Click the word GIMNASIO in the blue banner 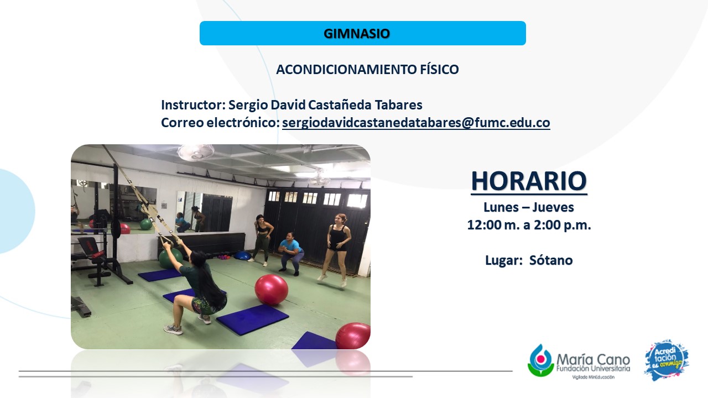point(357,34)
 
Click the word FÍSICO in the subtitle point(439,69)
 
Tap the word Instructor point(193,105)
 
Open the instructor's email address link point(416,123)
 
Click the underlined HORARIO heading point(529,181)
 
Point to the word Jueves point(553,207)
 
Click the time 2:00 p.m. point(563,225)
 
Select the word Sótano point(551,260)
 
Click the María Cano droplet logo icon point(540,360)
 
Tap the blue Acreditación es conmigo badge point(667,360)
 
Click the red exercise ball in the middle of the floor point(271,289)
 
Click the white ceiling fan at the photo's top point(195,152)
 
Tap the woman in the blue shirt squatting point(290,252)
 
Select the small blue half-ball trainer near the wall point(242,255)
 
